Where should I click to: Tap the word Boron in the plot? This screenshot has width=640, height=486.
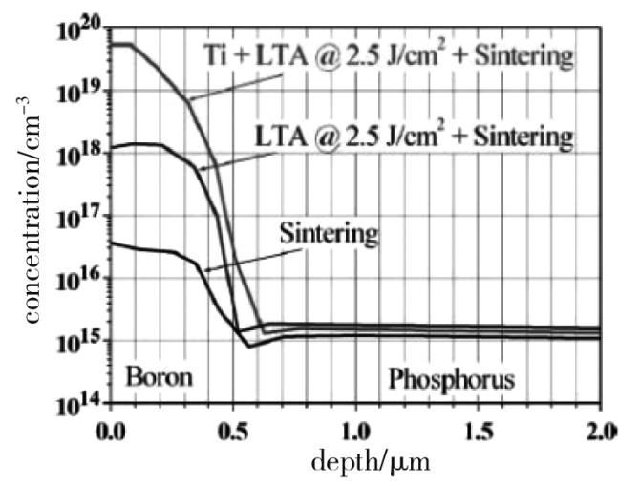[160, 376]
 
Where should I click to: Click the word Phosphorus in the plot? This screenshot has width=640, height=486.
[451, 380]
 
